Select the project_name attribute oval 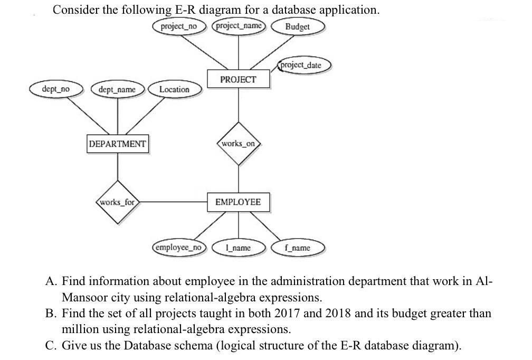point(239,26)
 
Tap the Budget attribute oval point(297,26)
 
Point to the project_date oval point(301,65)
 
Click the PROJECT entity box point(238,79)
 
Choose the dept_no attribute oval point(55,89)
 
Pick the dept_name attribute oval point(117,89)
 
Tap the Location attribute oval point(174,89)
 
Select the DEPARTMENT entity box point(117,144)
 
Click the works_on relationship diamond point(239,144)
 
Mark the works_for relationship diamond point(117,202)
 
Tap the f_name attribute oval point(297,248)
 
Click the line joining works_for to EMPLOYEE point(173,202)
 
